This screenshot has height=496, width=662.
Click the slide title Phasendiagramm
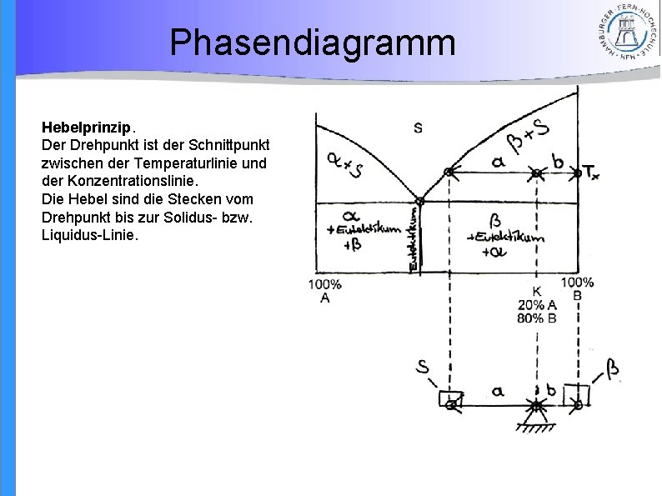pos(313,43)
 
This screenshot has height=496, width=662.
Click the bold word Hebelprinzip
pos(86,128)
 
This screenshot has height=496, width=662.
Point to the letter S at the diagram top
pos(418,128)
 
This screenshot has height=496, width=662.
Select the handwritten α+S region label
pos(344,163)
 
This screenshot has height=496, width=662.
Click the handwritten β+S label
pos(528,138)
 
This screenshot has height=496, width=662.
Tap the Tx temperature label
pos(590,173)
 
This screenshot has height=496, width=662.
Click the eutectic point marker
pos(419,201)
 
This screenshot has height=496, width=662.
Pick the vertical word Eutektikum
pos(414,238)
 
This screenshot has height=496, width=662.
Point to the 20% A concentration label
pos(537,305)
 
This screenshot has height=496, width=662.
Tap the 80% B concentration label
pos(537,318)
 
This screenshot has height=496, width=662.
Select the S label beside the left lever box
pos(424,367)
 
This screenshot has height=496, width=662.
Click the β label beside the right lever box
pos(613,368)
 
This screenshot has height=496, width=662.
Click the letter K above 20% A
pos(537,292)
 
